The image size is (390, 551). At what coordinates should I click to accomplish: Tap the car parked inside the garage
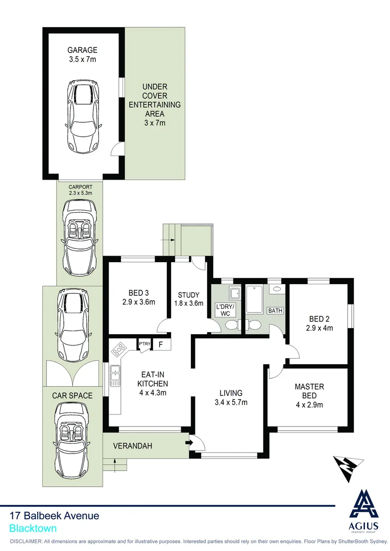tap(82, 117)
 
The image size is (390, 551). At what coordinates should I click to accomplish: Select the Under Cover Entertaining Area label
tap(155, 105)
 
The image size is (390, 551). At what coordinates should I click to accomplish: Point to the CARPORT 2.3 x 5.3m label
tap(80, 190)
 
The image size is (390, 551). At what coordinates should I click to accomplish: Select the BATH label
tap(275, 310)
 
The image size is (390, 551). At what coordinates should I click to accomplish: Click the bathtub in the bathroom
tap(254, 300)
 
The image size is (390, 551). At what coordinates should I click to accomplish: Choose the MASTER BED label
tap(309, 391)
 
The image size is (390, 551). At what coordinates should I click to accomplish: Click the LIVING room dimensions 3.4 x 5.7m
tap(230, 402)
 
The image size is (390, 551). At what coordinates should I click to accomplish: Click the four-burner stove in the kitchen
tap(119, 349)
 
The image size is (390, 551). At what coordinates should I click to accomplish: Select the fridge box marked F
tap(160, 344)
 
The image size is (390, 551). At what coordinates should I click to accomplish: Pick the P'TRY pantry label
tap(144, 344)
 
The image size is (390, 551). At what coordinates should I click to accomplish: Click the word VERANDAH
tap(133, 446)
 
